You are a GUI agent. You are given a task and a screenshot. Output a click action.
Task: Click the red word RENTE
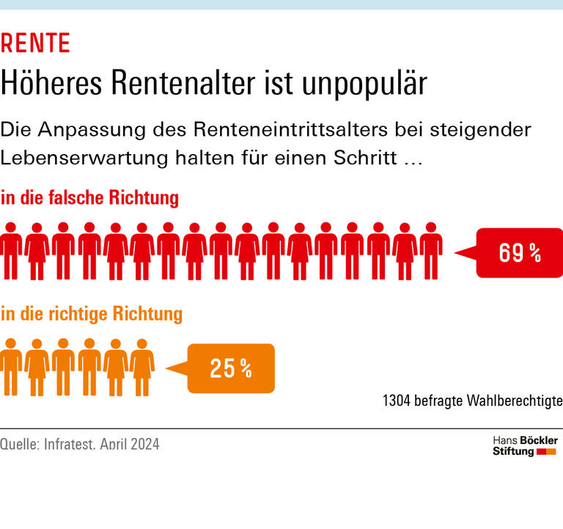[x=35, y=44]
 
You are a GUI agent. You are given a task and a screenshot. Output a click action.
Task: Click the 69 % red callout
[x=520, y=253]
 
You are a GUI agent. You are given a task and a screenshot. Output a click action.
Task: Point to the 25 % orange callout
[x=231, y=368]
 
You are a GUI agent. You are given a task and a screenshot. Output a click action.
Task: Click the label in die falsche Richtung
[x=89, y=198]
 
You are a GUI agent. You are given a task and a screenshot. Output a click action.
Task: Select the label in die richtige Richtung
[x=91, y=314]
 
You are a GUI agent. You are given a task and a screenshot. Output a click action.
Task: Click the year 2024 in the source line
[x=144, y=445]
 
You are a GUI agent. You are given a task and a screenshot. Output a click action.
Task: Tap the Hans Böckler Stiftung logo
[x=524, y=445]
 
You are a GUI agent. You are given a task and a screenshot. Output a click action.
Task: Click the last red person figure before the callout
[x=430, y=249]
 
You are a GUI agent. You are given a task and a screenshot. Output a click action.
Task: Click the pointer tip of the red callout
[x=457, y=253]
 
